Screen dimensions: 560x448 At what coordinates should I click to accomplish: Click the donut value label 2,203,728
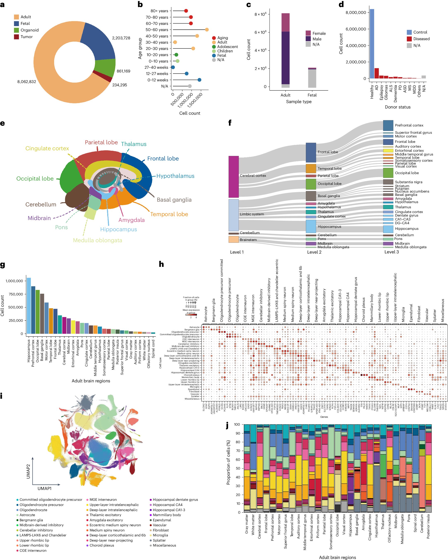pyautogui.click(x=121, y=38)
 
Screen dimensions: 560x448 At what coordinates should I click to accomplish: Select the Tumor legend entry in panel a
pyautogui.click(x=26, y=37)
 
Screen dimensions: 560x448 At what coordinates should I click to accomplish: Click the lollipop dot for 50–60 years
pyautogui.click(x=207, y=30)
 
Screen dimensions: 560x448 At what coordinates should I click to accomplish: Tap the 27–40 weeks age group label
pyautogui.click(x=156, y=67)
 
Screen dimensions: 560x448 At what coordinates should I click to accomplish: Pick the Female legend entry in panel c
pyautogui.click(x=319, y=33)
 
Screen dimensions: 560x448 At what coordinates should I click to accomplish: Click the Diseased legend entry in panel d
pyautogui.click(x=421, y=39)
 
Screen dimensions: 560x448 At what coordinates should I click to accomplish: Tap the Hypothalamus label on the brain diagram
pyautogui.click(x=175, y=176)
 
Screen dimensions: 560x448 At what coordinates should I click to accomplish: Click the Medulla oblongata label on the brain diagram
pyautogui.click(x=98, y=240)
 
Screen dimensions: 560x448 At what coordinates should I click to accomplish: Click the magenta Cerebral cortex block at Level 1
pyautogui.click(x=233, y=177)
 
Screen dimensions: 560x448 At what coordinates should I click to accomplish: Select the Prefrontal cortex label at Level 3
pyautogui.click(x=409, y=125)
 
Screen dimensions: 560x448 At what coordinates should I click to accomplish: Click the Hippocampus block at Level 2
pyautogui.click(x=311, y=226)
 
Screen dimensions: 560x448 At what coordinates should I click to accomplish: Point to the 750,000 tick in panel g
pyautogui.click(x=14, y=294)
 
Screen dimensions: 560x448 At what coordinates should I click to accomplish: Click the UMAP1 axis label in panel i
pyautogui.click(x=44, y=488)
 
